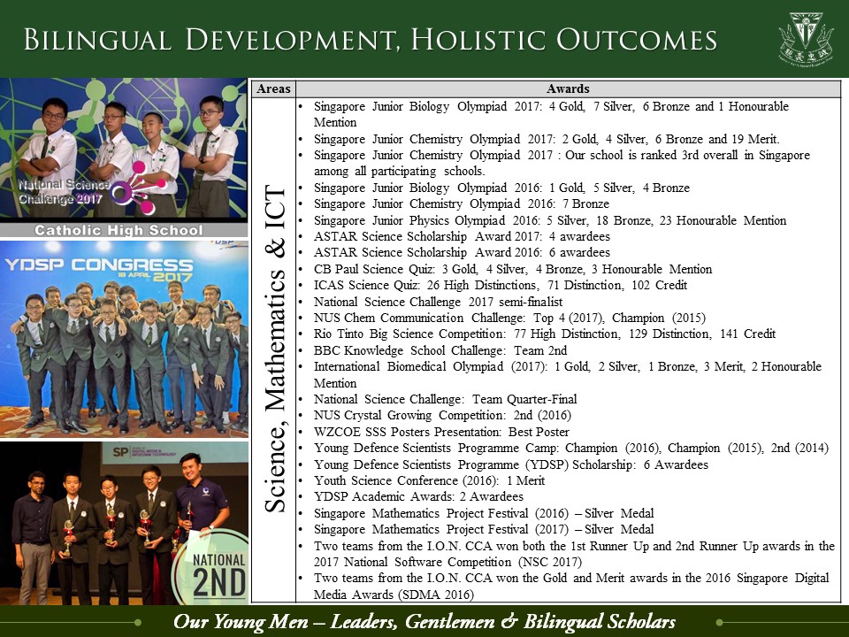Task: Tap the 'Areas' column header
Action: pyautogui.click(x=273, y=88)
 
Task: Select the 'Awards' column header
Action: pyautogui.click(x=568, y=88)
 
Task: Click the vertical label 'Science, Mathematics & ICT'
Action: pyautogui.click(x=275, y=349)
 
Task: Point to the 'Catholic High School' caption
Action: pyautogui.click(x=119, y=230)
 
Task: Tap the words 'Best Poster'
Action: pyautogui.click(x=539, y=432)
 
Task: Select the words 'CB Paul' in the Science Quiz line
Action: pyautogui.click(x=336, y=269)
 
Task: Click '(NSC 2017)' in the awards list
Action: pyautogui.click(x=550, y=563)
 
